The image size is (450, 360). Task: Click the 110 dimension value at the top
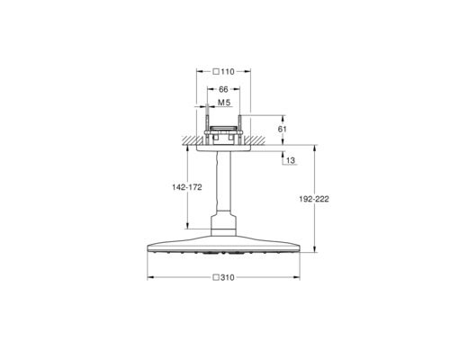point(228,72)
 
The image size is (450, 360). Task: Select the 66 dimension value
point(223,89)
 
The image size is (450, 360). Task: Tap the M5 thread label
point(224,103)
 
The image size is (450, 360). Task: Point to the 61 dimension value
point(283,130)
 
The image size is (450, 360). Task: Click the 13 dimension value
point(291,161)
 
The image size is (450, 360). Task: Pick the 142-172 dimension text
point(187,187)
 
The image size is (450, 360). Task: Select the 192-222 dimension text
point(314,199)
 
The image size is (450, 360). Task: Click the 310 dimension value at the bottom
point(228,278)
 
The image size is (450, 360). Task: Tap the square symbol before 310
point(216,277)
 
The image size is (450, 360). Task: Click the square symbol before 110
point(216,72)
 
